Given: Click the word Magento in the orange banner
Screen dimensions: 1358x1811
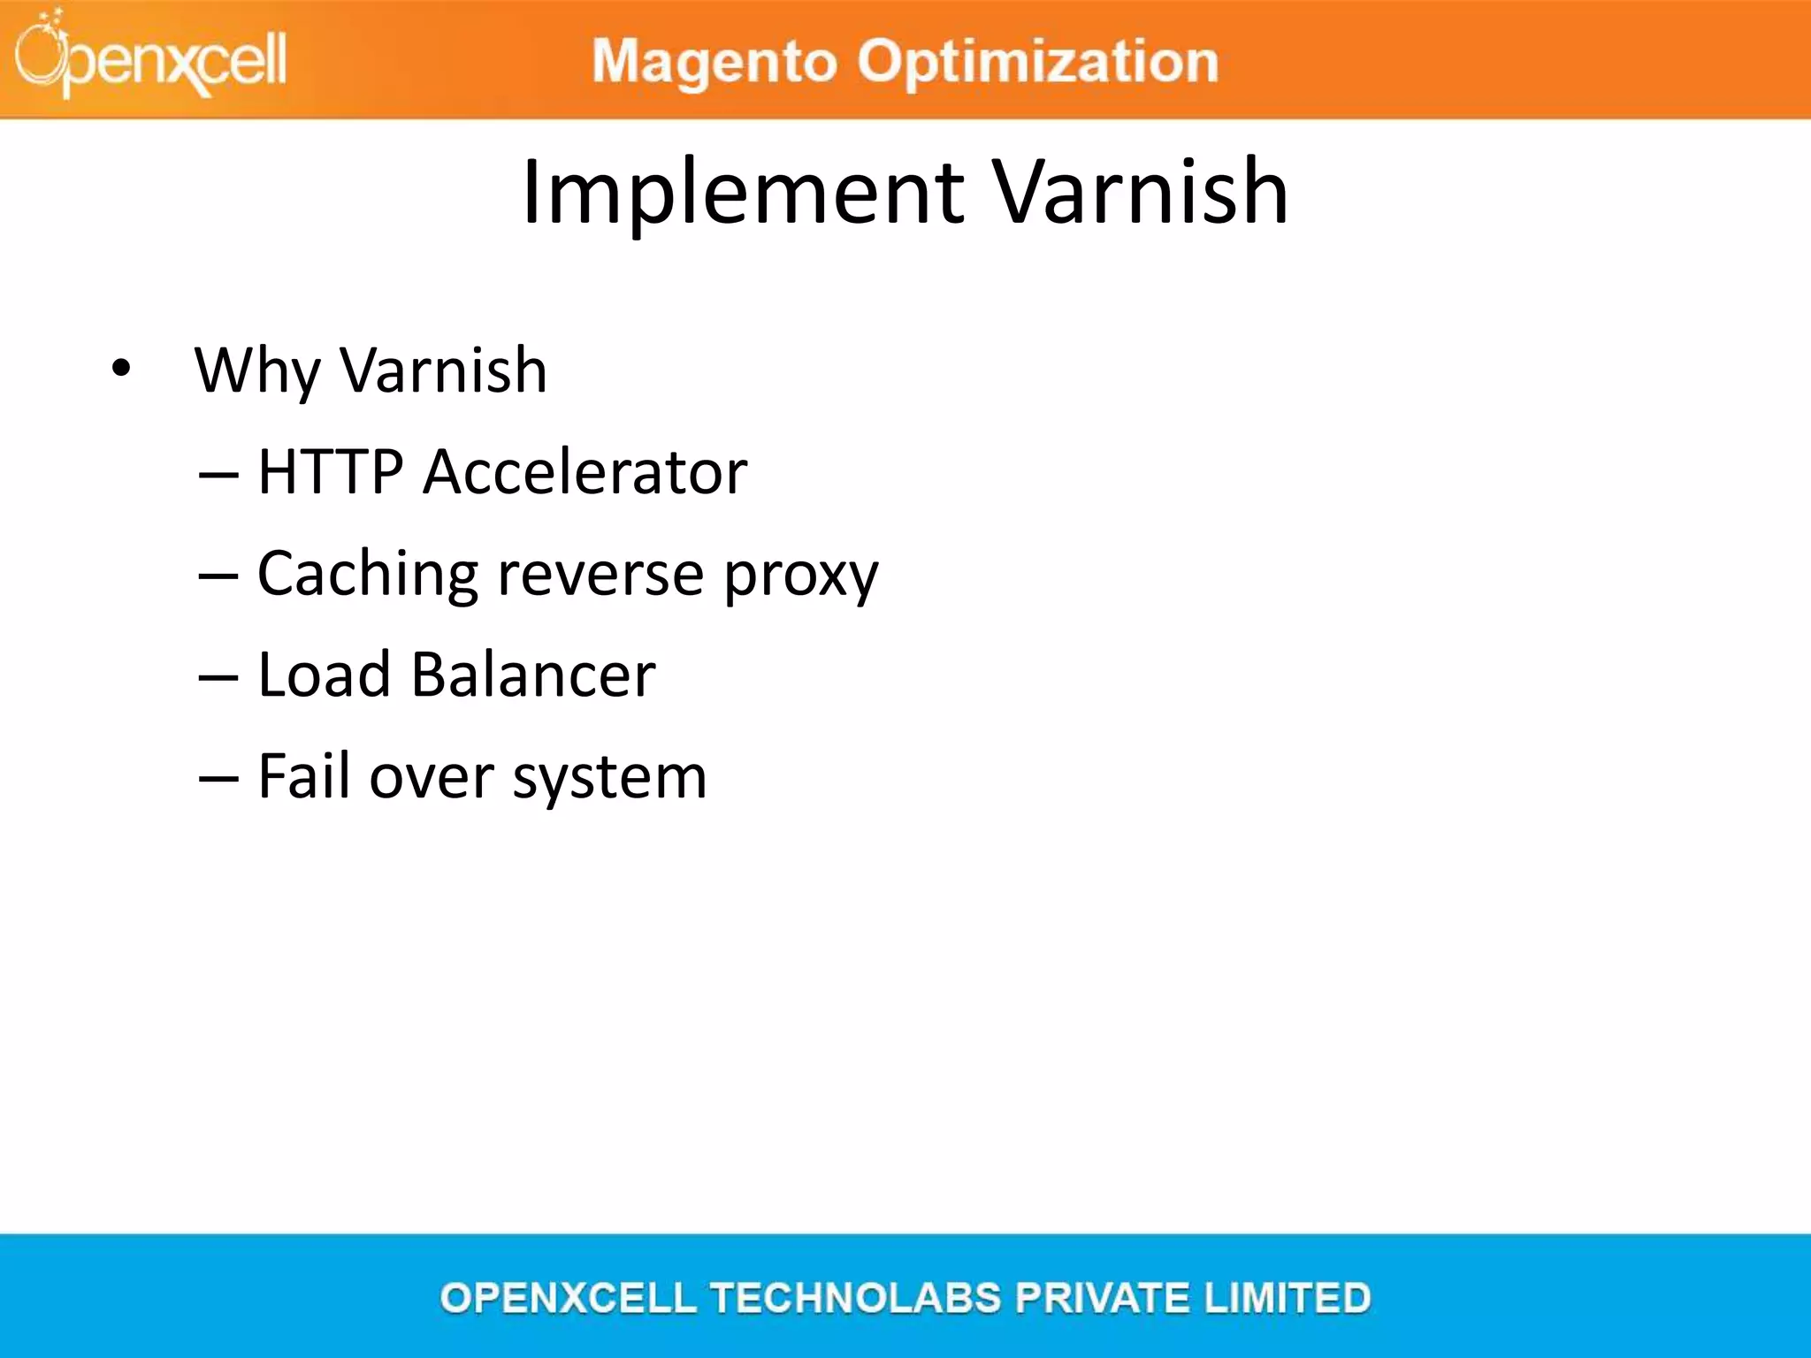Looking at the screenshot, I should [x=714, y=62].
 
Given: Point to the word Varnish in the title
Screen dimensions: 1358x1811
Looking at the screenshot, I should [x=1141, y=192].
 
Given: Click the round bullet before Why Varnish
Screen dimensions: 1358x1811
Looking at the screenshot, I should [x=121, y=368].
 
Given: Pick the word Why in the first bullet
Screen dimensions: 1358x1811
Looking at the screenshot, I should [x=257, y=371].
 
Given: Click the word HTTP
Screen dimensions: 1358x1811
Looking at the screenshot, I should [x=331, y=471].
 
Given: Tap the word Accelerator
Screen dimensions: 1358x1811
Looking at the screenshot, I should [x=585, y=471].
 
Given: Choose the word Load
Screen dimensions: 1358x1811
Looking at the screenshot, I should [x=324, y=675].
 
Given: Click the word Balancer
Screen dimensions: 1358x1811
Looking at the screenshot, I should [x=533, y=675].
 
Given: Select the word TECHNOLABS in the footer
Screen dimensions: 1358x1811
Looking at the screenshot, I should [x=855, y=1298].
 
